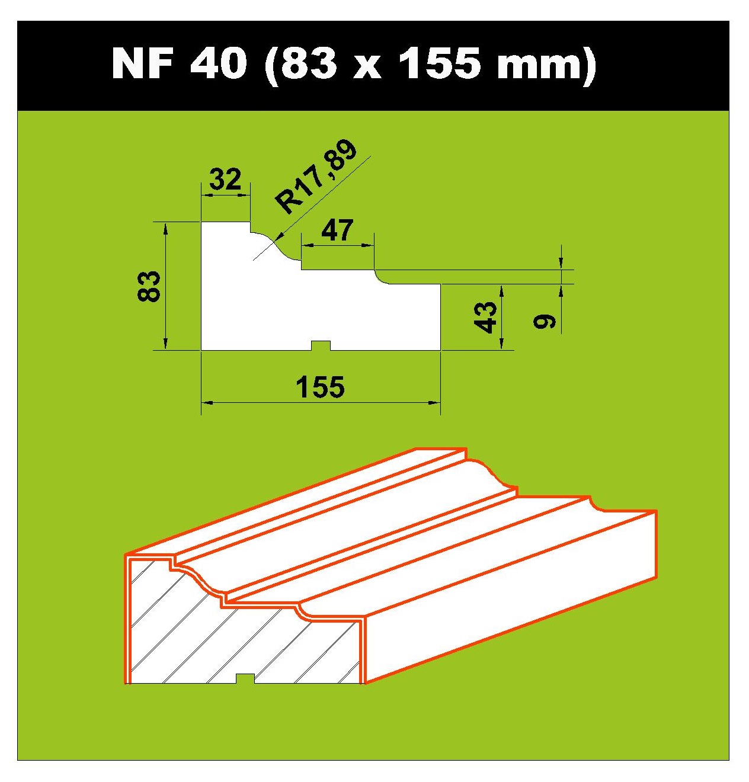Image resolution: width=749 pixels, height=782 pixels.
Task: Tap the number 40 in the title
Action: pyautogui.click(x=218, y=63)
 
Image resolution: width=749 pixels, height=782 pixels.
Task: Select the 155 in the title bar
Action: pyautogui.click(x=442, y=63)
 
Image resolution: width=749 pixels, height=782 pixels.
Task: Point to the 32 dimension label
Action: pyautogui.click(x=226, y=180)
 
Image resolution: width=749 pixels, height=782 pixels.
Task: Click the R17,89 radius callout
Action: pyautogui.click(x=315, y=177)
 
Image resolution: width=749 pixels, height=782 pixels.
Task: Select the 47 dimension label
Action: pyautogui.click(x=337, y=230)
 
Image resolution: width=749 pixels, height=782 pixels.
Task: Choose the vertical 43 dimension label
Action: pyautogui.click(x=486, y=318)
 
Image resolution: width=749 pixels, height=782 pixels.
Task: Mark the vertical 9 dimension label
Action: pyautogui.click(x=544, y=321)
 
